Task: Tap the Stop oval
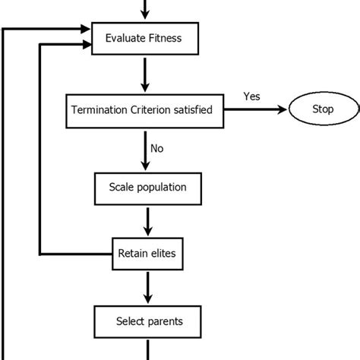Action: (x=322, y=110)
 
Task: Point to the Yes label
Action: (x=251, y=96)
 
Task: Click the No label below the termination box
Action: (x=156, y=149)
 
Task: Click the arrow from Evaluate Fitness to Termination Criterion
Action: (x=144, y=74)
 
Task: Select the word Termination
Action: (x=99, y=110)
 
